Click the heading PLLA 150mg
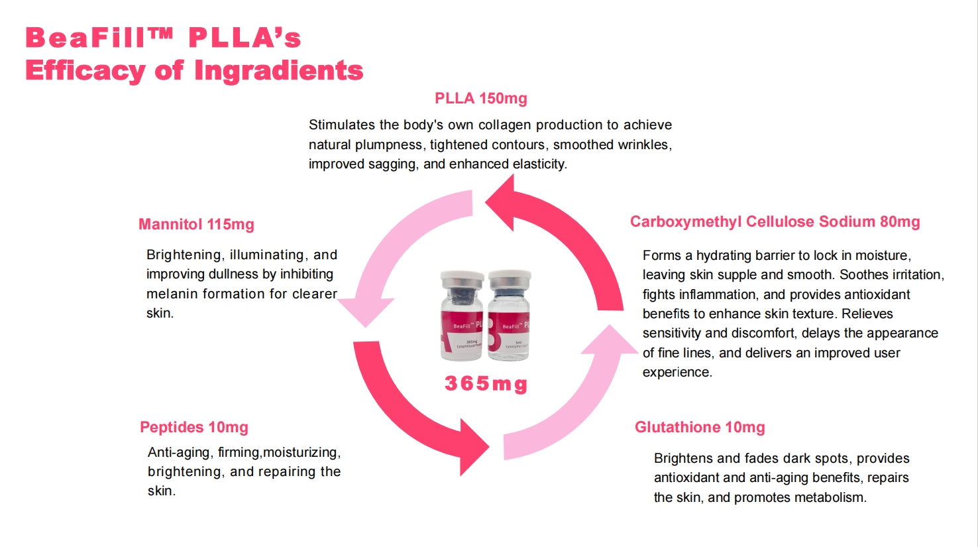point(480,99)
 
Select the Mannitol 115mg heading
point(196,225)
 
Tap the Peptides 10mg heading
point(193,428)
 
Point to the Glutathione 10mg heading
point(700,428)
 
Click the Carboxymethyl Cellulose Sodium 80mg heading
point(775,222)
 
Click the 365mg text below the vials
point(486,384)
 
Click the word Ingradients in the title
point(278,71)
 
